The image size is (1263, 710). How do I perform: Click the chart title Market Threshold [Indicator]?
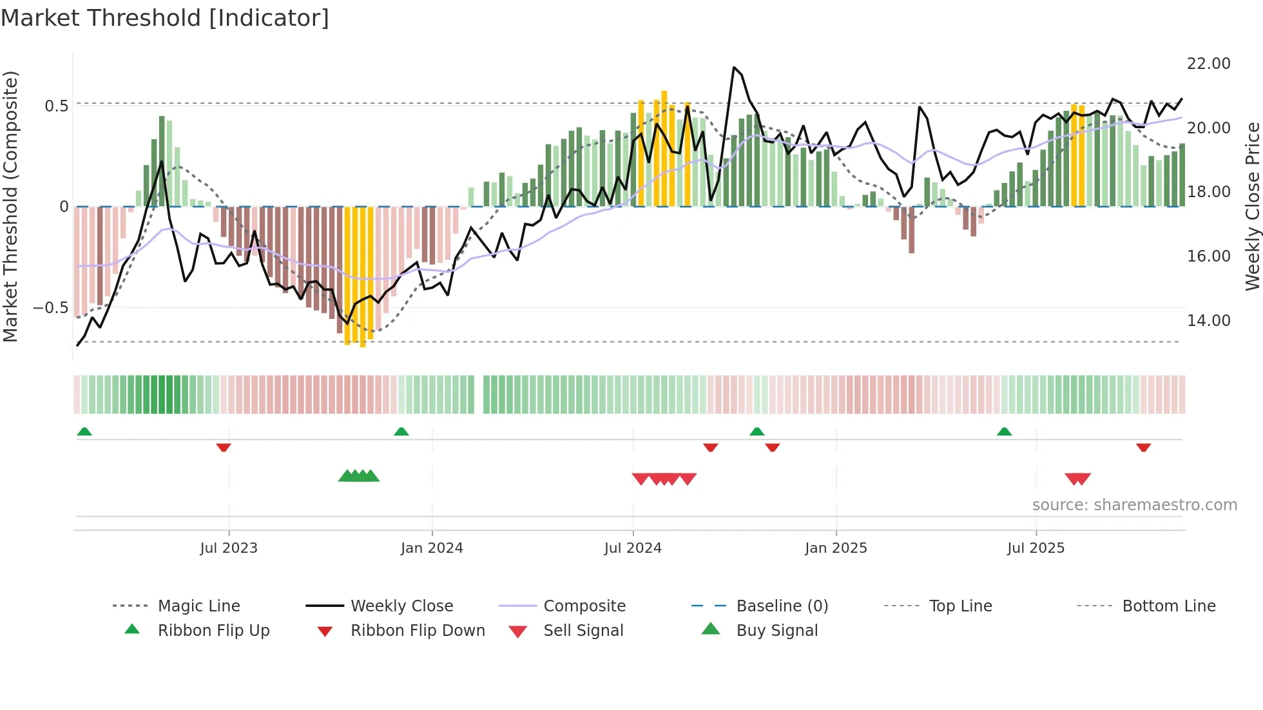pos(165,18)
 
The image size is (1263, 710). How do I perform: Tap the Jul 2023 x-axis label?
pos(228,548)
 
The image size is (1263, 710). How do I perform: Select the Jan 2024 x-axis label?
pos(432,548)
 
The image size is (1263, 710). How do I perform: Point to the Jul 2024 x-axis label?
pos(633,548)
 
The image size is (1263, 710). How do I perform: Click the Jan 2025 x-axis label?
pos(836,548)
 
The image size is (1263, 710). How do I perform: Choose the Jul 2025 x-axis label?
pos(1036,548)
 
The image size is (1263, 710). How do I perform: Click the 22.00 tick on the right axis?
pos(1208,64)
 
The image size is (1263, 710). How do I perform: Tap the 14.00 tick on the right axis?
pos(1208,321)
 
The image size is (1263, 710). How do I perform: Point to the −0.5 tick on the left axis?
pos(51,308)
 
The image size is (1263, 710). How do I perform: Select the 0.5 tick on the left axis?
pos(56,106)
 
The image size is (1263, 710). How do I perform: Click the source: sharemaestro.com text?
pos(1134,505)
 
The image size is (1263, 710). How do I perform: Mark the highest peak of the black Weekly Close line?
pos(734,67)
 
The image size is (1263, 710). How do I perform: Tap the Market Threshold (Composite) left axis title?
pos(10,206)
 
